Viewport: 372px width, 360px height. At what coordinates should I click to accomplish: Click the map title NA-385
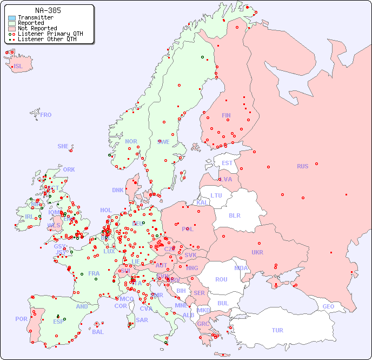[x=48, y=10]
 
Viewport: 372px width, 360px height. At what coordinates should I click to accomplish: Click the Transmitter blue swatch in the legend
[x=12, y=18]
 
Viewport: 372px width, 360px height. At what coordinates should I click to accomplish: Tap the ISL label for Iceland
[x=18, y=67]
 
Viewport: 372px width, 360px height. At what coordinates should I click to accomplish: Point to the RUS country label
[x=302, y=166]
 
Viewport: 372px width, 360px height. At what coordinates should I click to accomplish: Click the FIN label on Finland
[x=226, y=115]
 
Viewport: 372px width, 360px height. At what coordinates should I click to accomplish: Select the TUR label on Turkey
[x=277, y=330]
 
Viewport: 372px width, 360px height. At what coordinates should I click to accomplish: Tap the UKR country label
[x=257, y=252]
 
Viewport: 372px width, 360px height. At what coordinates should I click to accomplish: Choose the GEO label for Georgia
[x=328, y=306]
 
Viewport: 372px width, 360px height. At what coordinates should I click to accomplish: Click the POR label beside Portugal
[x=21, y=319]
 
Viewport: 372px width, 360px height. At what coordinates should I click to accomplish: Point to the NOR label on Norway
[x=131, y=141]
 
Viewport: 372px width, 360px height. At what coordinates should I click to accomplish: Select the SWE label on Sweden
[x=163, y=142]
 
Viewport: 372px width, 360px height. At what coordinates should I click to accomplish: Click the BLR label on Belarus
[x=234, y=215]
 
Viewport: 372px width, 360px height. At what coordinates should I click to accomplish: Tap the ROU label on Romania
[x=221, y=279]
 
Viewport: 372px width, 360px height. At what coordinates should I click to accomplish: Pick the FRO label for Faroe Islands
[x=46, y=115]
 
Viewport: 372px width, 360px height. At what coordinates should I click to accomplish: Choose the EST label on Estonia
[x=227, y=163]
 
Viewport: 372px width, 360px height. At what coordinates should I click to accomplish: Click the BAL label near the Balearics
[x=98, y=332]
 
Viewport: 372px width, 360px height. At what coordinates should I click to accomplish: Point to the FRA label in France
[x=94, y=273]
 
